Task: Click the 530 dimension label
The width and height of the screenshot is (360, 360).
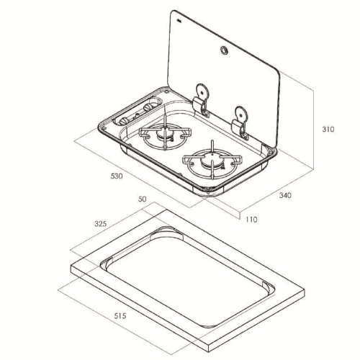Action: [x=117, y=176]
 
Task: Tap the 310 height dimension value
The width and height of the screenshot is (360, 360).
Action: [x=328, y=130]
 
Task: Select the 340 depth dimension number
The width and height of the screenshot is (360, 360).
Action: [x=285, y=195]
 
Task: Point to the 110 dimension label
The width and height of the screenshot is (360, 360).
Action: [x=251, y=220]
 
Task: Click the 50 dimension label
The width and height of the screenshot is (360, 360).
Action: [x=142, y=199]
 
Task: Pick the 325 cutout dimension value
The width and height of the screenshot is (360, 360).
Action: [x=100, y=224]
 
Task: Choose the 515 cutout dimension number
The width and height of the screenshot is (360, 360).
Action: [x=120, y=315]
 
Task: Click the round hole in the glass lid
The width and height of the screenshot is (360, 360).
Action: [x=225, y=50]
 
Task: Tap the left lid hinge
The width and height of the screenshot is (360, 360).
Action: [x=201, y=100]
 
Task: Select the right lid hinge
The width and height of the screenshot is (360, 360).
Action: [x=240, y=122]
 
